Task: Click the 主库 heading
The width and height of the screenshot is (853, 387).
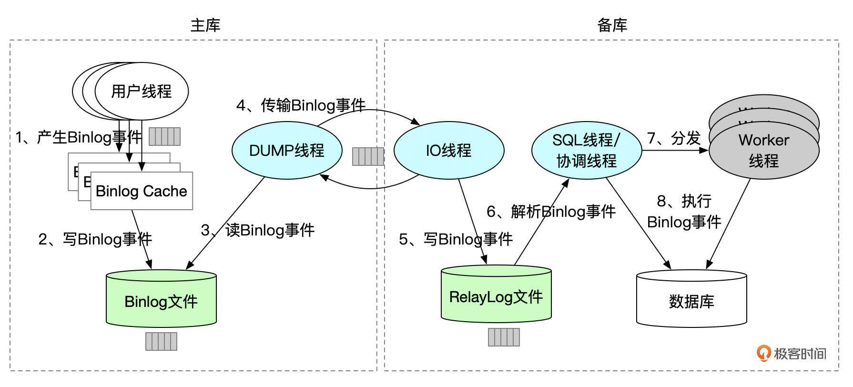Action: pyautogui.click(x=205, y=25)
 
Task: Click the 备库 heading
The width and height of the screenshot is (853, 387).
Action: pyautogui.click(x=612, y=25)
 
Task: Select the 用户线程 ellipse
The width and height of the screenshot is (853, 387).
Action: pyautogui.click(x=142, y=91)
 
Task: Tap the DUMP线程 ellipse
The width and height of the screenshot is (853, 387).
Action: pyautogui.click(x=287, y=150)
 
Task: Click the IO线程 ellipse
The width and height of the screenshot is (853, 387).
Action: pyautogui.click(x=448, y=150)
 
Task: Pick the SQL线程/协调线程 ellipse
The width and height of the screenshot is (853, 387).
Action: pyautogui.click(x=587, y=150)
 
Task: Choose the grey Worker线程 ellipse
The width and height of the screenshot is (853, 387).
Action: pyautogui.click(x=764, y=150)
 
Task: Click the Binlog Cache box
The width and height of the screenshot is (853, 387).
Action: pyautogui.click(x=142, y=191)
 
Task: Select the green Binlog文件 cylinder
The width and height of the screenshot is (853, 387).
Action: pyautogui.click(x=161, y=301)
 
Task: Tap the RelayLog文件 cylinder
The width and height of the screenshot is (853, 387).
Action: pyautogui.click(x=496, y=297)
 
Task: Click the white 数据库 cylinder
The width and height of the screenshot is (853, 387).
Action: pyautogui.click(x=691, y=301)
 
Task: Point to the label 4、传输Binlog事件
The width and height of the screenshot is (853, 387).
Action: pyautogui.click(x=301, y=105)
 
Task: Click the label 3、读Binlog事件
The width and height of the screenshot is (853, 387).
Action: pyautogui.click(x=258, y=230)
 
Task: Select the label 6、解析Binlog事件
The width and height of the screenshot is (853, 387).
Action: pyautogui.click(x=551, y=211)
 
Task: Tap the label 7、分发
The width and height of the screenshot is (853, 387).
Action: pyautogui.click(x=674, y=138)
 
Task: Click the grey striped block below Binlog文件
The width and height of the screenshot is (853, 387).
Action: pyautogui.click(x=161, y=341)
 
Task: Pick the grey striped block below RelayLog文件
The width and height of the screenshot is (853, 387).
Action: pyautogui.click(x=504, y=337)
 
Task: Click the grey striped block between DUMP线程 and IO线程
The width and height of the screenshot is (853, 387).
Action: pyautogui.click(x=368, y=156)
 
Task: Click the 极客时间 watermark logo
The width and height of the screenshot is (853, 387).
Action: pyautogui.click(x=791, y=353)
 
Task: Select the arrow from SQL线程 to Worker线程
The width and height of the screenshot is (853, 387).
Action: pyautogui.click(x=675, y=151)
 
